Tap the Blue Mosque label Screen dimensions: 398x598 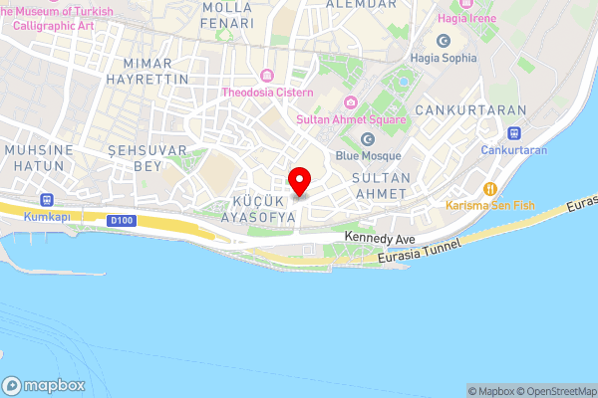(x=368, y=155)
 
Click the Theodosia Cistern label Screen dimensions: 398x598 (x=268, y=93)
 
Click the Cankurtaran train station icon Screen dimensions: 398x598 (x=514, y=132)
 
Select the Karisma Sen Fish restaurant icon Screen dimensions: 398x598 (x=489, y=189)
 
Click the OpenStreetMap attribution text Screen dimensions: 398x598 (x=561, y=391)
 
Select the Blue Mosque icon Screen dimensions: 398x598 (x=368, y=138)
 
